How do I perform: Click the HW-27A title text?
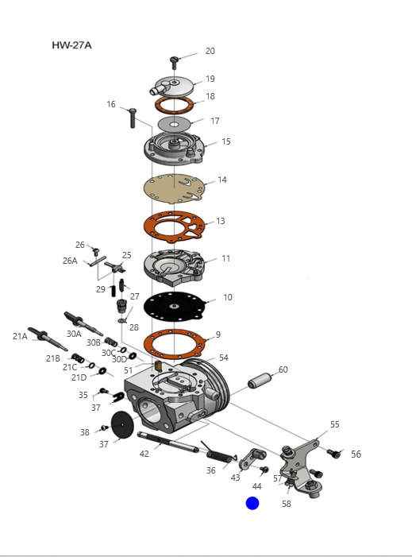71,45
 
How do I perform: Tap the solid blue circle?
252,503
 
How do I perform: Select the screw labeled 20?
174,63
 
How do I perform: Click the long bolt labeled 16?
133,118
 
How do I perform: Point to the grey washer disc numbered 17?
174,124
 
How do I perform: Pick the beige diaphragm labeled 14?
174,188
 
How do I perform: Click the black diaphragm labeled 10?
174,306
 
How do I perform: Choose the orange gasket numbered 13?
174,226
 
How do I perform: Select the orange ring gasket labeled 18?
174,105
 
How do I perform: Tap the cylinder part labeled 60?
260,380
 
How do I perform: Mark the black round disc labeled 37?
122,424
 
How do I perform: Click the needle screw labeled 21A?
48,338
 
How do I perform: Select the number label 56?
356,454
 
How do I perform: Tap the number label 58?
287,504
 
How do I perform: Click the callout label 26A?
70,261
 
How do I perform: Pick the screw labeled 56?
333,454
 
